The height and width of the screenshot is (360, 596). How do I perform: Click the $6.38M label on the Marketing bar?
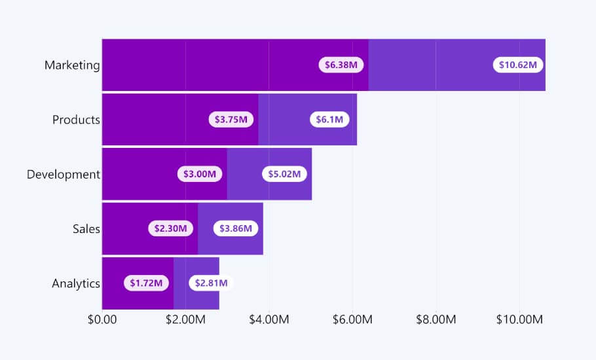(x=342, y=65)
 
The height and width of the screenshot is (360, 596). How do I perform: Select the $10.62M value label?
(x=517, y=65)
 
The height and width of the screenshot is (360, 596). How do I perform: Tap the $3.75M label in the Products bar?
(x=232, y=120)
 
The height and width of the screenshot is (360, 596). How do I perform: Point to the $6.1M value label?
(x=329, y=120)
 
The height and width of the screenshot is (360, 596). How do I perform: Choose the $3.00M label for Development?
(x=200, y=174)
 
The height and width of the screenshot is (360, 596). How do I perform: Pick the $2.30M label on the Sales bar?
(x=171, y=228)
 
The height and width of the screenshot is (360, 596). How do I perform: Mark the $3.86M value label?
(x=236, y=228)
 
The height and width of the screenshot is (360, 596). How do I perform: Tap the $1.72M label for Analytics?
(x=146, y=283)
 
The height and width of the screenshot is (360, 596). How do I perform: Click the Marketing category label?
(x=72, y=65)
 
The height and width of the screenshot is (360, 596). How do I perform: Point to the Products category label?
(x=76, y=120)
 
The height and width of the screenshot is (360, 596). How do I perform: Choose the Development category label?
(x=64, y=174)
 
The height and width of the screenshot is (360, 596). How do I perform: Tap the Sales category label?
(x=86, y=228)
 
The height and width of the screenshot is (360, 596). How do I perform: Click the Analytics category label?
(x=76, y=283)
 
